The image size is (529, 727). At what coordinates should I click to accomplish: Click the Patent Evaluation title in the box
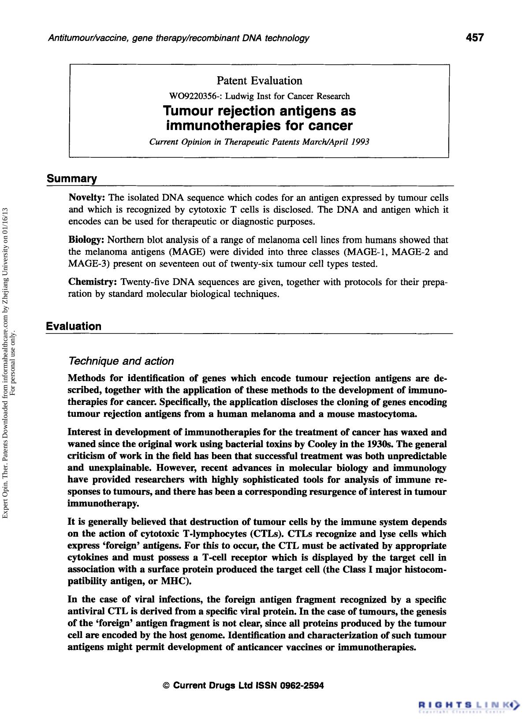259,81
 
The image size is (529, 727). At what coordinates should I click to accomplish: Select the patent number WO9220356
193,96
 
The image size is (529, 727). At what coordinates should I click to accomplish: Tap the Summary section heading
72,178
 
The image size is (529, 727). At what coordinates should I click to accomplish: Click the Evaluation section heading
74,326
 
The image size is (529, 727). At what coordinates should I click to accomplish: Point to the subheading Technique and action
121,361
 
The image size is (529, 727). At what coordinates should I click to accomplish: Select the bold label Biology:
86,240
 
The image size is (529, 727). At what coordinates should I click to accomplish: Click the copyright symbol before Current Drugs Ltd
167,686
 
